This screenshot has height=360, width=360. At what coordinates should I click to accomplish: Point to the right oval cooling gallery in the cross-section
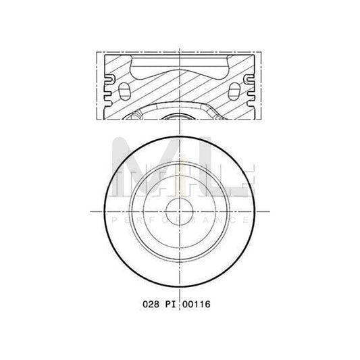235,90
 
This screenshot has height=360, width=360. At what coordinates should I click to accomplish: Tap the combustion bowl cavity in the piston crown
180,68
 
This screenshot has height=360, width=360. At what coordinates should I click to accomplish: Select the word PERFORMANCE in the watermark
180,221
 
